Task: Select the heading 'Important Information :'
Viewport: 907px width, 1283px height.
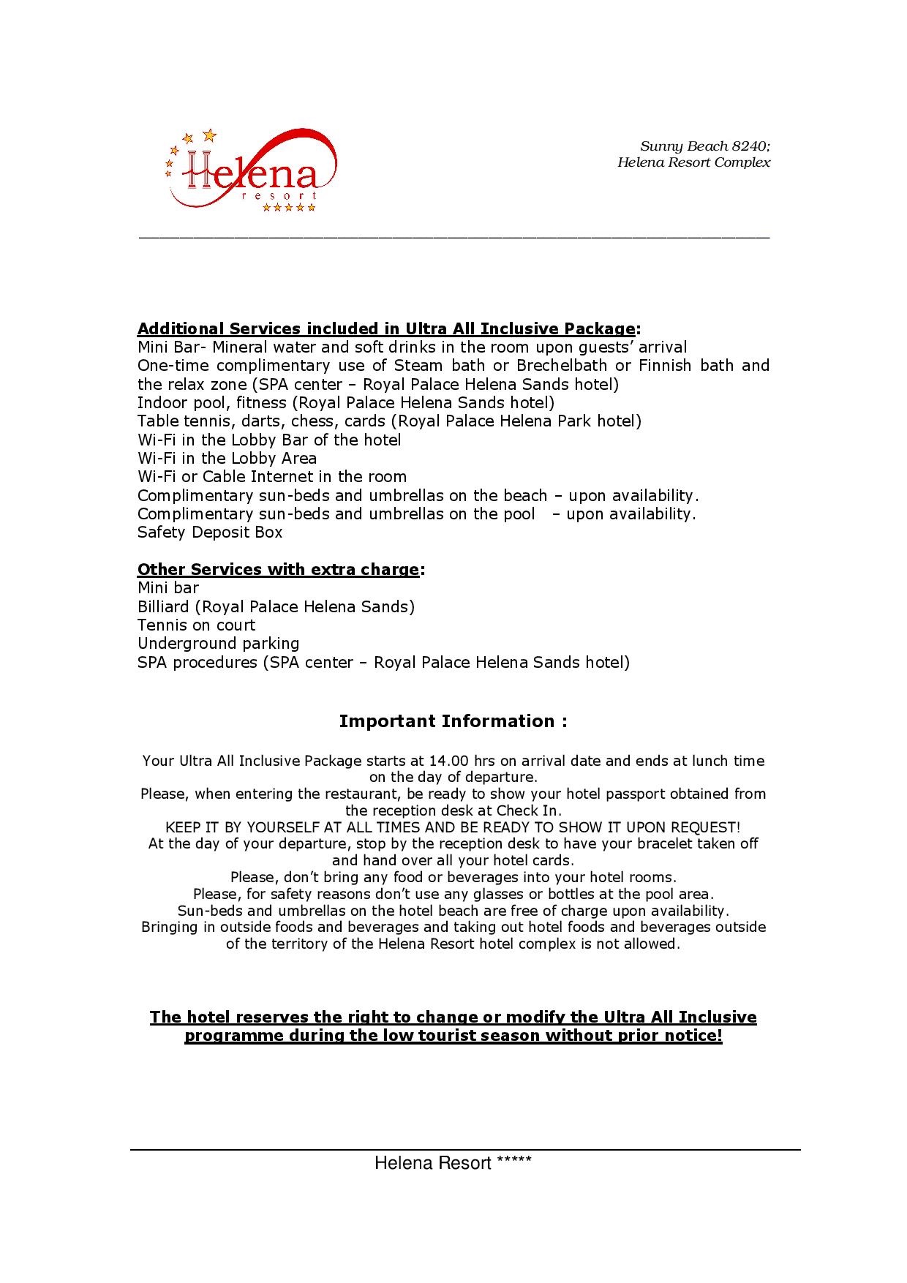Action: coord(453,721)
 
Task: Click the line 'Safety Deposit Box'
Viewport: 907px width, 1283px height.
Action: coord(210,533)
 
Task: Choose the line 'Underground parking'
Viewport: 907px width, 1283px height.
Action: coord(219,644)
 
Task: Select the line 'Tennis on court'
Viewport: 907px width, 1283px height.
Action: coord(197,625)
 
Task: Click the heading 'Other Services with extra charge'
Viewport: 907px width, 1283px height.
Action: coord(279,569)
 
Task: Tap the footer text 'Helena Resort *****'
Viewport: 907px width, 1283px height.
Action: coord(453,1163)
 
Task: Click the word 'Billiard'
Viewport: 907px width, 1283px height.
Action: coord(166,606)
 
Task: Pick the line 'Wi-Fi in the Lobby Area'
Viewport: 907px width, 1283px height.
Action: coord(227,459)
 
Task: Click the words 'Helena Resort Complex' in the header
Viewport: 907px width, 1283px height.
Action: coord(693,162)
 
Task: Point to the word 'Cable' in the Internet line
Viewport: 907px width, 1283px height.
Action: coord(225,477)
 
